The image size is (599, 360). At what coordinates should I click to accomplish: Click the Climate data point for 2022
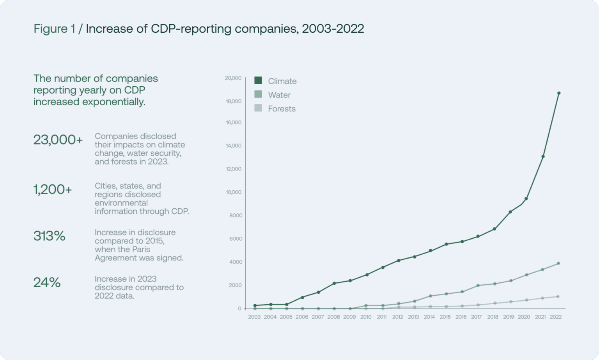click(x=558, y=93)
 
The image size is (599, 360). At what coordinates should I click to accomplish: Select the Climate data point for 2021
click(x=543, y=157)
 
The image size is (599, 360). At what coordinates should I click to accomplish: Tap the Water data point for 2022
click(x=558, y=263)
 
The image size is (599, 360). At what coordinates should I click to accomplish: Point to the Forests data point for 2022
click(x=558, y=296)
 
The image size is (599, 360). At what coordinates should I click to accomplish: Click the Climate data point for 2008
click(x=334, y=283)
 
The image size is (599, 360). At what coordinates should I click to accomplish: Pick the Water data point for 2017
click(x=478, y=286)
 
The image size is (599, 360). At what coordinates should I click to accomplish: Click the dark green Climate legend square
click(x=258, y=81)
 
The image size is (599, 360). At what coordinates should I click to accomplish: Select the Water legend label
click(x=279, y=95)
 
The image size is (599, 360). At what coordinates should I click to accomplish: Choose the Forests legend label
click(x=282, y=109)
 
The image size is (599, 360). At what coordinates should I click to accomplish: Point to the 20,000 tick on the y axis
click(x=233, y=78)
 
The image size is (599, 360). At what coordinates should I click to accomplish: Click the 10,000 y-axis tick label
click(x=234, y=192)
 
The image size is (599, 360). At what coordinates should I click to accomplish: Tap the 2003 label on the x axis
click(x=254, y=317)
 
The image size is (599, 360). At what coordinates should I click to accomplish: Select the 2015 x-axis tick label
click(x=445, y=317)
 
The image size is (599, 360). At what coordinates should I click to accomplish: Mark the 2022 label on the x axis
click(x=556, y=317)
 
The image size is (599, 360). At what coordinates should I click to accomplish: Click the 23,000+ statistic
click(x=58, y=140)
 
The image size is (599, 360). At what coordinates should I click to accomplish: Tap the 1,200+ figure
click(x=53, y=190)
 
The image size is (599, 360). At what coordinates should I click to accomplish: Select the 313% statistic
click(x=49, y=236)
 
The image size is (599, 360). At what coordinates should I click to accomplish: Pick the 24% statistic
click(x=47, y=282)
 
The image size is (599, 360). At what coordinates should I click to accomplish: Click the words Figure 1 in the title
click(x=54, y=29)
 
